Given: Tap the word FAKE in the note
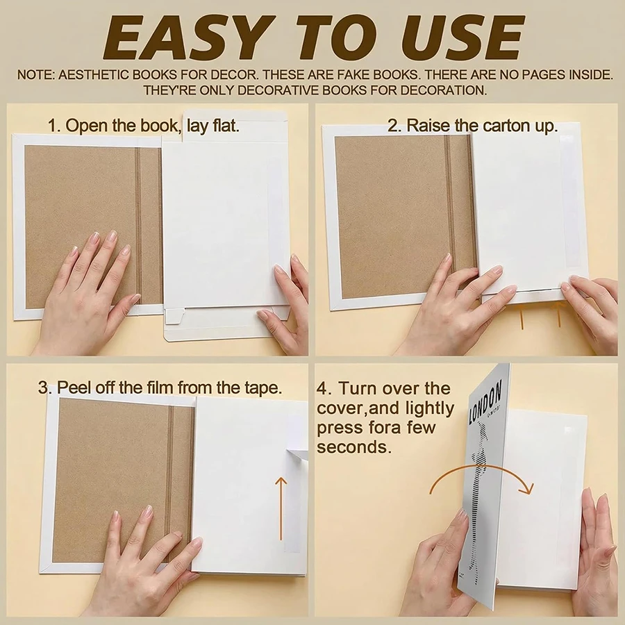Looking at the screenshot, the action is pyautogui.click(x=349, y=75).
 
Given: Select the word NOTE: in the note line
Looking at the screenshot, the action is pyautogui.click(x=36, y=75).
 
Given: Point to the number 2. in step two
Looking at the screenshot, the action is pyautogui.click(x=394, y=126).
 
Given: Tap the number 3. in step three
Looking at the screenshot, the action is pyautogui.click(x=44, y=387).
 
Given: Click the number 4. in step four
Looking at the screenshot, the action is pyautogui.click(x=324, y=389).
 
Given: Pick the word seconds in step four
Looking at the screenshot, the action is pyautogui.click(x=352, y=447).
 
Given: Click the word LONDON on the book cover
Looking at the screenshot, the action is pyautogui.click(x=485, y=402).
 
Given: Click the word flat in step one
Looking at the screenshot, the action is pyautogui.click(x=226, y=126).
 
